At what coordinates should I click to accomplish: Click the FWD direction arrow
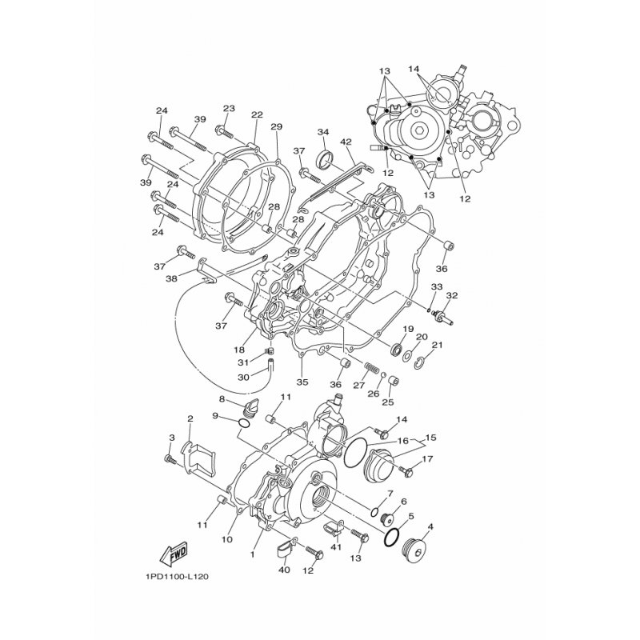pyautogui.click(x=174, y=554)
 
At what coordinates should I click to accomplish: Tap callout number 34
pyautogui.click(x=323, y=132)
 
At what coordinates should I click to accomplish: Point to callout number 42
pyautogui.click(x=346, y=142)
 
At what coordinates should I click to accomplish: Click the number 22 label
pyautogui.click(x=257, y=115)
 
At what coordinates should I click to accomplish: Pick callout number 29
pyautogui.click(x=276, y=127)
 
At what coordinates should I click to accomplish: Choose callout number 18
pyautogui.click(x=239, y=350)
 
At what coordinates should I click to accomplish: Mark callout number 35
pyautogui.click(x=302, y=382)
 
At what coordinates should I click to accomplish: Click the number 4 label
pyautogui.click(x=430, y=527)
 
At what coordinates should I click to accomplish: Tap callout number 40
pyautogui.click(x=284, y=570)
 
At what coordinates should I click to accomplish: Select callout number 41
pyautogui.click(x=336, y=547)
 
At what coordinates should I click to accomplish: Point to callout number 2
pyautogui.click(x=190, y=418)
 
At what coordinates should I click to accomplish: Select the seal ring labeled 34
pyautogui.click(x=326, y=158)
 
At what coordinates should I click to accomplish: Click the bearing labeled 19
pyautogui.click(x=396, y=349)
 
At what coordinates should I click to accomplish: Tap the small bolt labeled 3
pyautogui.click(x=170, y=459)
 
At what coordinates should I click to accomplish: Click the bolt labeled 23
pyautogui.click(x=224, y=131)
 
